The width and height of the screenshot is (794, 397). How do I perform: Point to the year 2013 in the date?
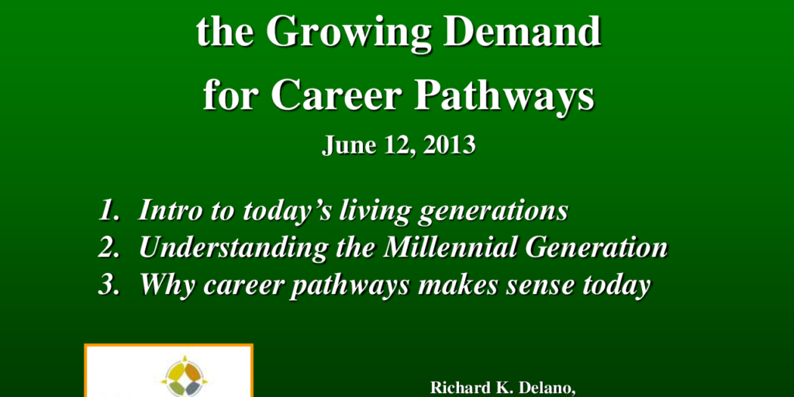[451, 146]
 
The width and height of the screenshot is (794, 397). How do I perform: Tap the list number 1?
[108, 211]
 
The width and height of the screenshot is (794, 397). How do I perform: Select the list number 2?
[108, 247]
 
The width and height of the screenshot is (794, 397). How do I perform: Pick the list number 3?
[108, 285]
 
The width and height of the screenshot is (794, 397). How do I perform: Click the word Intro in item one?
[164, 211]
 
